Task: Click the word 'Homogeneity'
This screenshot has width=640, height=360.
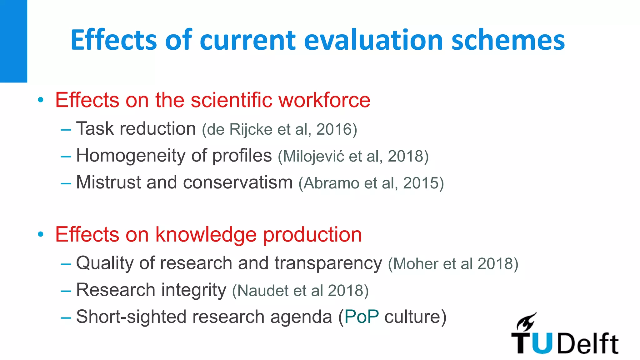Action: [131, 156]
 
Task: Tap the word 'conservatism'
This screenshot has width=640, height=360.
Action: [237, 182]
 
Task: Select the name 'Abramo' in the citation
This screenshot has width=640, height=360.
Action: [331, 183]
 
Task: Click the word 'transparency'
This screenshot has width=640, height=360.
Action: [328, 263]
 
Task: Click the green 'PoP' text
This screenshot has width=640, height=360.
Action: [362, 317]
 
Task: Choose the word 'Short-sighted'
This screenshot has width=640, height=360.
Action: [131, 317]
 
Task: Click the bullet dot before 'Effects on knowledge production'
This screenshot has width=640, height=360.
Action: [40, 234]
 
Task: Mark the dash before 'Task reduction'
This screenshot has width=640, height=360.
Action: [66, 129]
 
